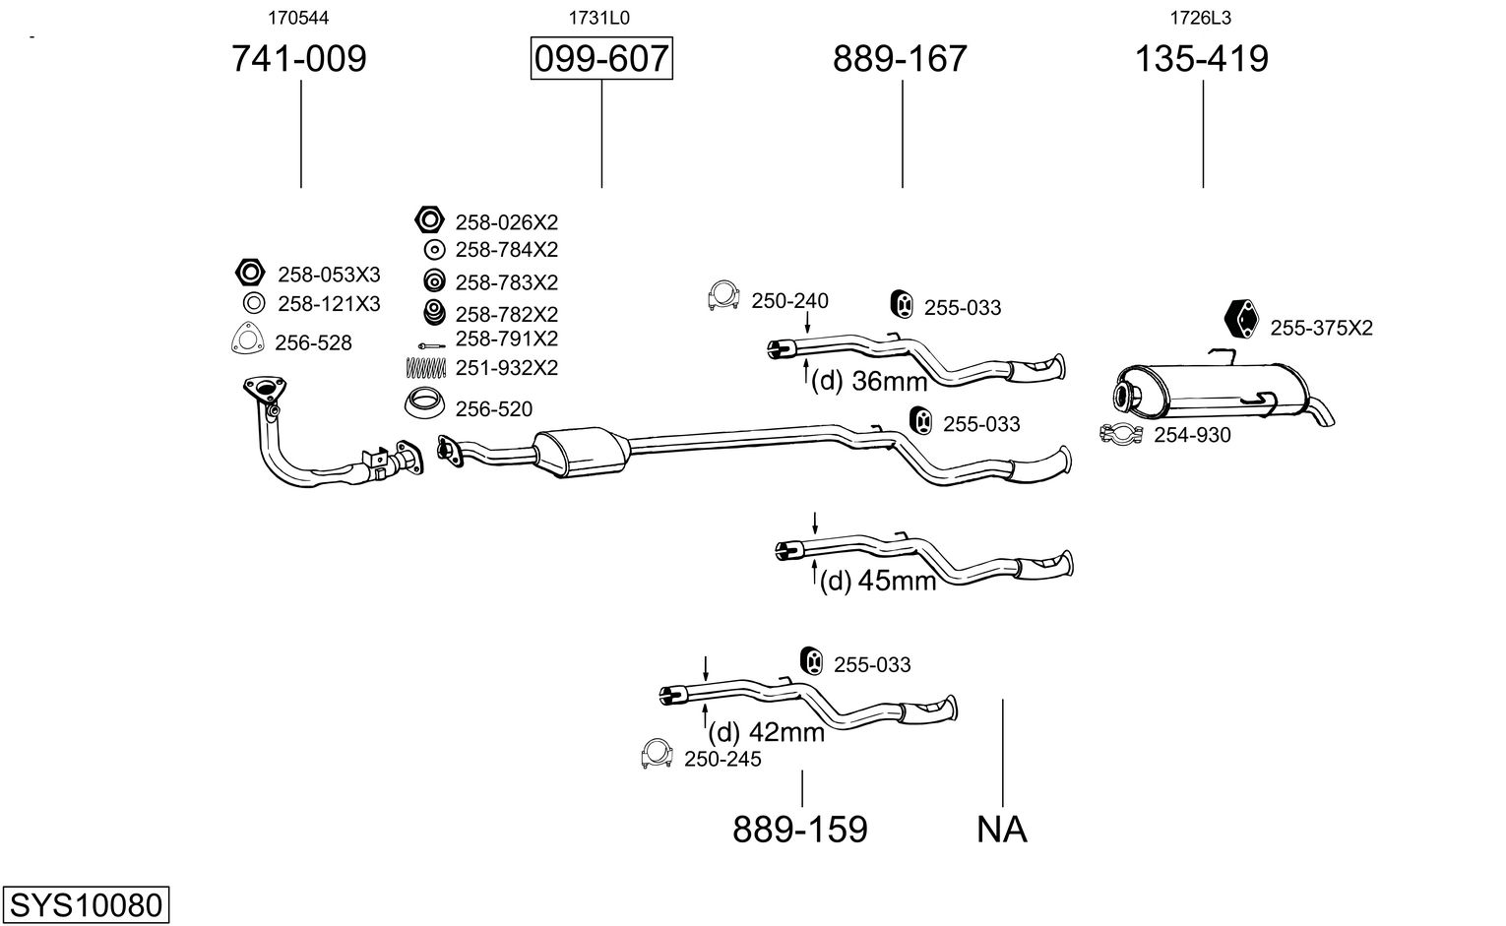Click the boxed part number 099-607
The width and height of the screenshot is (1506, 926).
pyautogui.click(x=601, y=59)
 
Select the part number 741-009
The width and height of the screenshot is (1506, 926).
pyautogui.click(x=298, y=59)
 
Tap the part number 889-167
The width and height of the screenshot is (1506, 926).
pyautogui.click(x=900, y=59)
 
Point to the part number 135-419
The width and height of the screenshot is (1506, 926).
pyautogui.click(x=1202, y=59)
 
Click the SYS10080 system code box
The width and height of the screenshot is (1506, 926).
pyautogui.click(x=85, y=903)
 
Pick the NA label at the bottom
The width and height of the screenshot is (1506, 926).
pyautogui.click(x=1001, y=830)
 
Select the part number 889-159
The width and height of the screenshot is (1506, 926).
pyautogui.click(x=799, y=830)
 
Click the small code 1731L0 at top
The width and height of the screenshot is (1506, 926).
pyautogui.click(x=598, y=18)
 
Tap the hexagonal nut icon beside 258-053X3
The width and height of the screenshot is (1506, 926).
pyautogui.click(x=251, y=273)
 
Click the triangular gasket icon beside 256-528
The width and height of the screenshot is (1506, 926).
pyautogui.click(x=247, y=340)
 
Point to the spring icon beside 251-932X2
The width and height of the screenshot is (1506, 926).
pyautogui.click(x=427, y=367)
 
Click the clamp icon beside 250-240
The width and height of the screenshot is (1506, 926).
pyautogui.click(x=723, y=297)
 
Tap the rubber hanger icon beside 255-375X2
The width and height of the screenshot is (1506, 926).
pyautogui.click(x=1242, y=319)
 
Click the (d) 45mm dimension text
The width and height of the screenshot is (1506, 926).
pyautogui.click(x=878, y=581)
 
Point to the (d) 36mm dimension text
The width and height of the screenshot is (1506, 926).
pyautogui.click(x=869, y=381)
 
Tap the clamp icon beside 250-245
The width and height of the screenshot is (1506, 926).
pyautogui.click(x=657, y=754)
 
